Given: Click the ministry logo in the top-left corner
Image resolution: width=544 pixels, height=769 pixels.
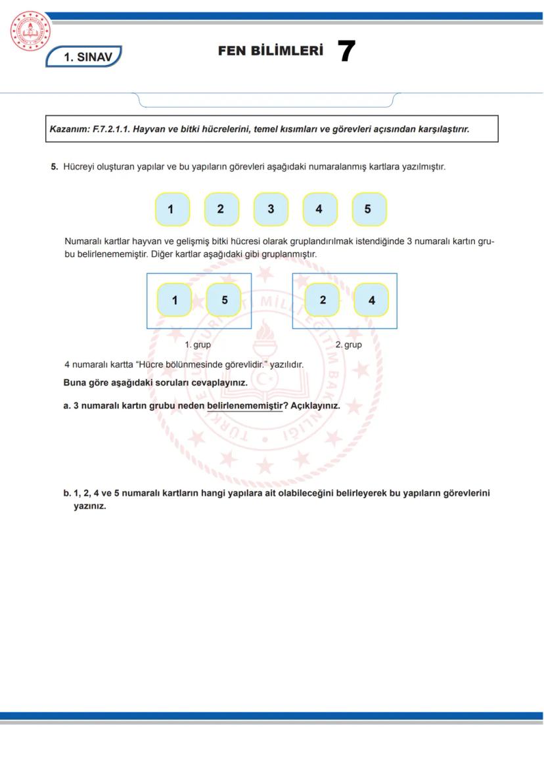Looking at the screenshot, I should pyautogui.click(x=30, y=32).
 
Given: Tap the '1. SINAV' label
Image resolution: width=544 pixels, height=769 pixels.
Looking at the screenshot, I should pyautogui.click(x=83, y=57).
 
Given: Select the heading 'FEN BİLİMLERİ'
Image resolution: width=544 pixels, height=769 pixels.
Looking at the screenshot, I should pyautogui.click(x=271, y=51).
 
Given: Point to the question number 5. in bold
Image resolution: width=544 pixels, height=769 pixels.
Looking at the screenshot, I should pyautogui.click(x=55, y=167).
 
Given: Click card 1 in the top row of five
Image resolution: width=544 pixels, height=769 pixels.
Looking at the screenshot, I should pyautogui.click(x=171, y=209).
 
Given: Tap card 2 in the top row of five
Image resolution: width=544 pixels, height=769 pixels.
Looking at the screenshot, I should pyautogui.click(x=221, y=209).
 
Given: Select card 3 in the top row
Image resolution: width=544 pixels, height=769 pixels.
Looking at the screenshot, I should pyautogui.click(x=271, y=209).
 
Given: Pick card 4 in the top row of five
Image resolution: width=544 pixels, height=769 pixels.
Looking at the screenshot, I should pyautogui.click(x=319, y=209).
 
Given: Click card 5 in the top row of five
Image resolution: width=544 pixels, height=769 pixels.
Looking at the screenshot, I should pyautogui.click(x=369, y=209).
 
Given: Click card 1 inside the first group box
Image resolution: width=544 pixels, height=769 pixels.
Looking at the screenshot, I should pyautogui.click(x=175, y=300).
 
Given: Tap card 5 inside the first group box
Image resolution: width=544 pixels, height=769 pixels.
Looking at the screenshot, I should pyautogui.click(x=224, y=300).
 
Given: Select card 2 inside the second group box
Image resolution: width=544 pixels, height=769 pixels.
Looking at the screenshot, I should pyautogui.click(x=323, y=300).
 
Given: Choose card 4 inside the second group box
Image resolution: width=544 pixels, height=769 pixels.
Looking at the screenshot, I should pyautogui.click(x=371, y=300).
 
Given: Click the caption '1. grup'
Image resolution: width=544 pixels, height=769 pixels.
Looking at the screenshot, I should pyautogui.click(x=198, y=344).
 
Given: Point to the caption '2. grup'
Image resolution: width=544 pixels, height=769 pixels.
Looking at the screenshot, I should pyautogui.click(x=348, y=344).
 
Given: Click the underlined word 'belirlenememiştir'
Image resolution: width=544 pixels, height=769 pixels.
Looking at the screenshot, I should pyautogui.click(x=244, y=406).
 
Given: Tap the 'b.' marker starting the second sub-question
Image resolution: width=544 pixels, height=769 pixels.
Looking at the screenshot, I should pyautogui.click(x=67, y=493).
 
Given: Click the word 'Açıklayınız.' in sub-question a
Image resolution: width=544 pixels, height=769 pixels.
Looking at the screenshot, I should pyautogui.click(x=315, y=406).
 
